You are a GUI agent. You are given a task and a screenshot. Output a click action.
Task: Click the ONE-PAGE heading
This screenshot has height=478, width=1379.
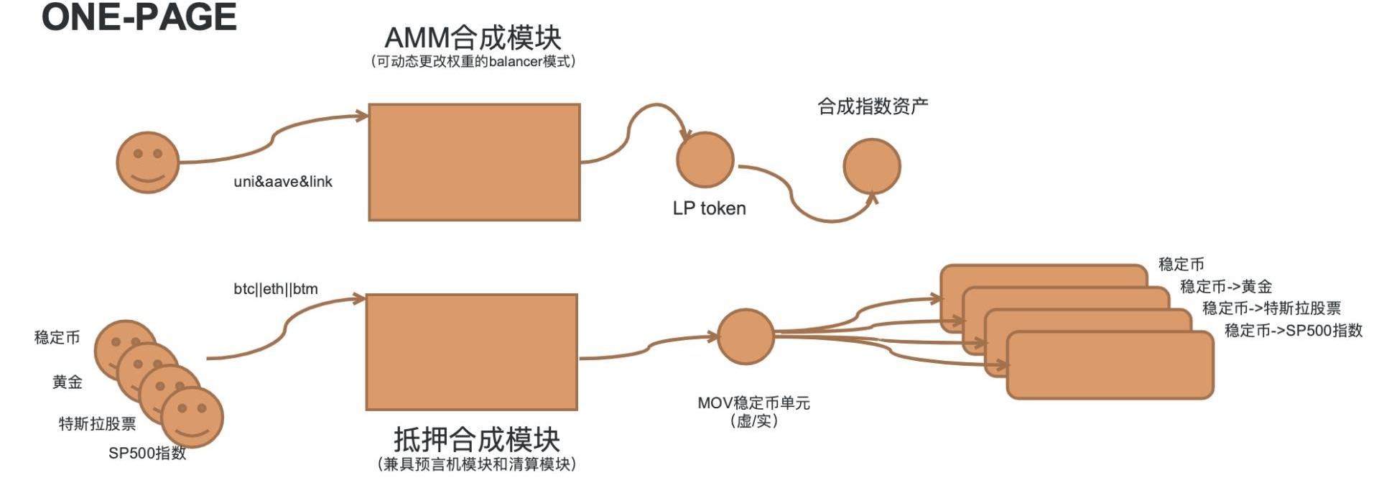[x=139, y=17]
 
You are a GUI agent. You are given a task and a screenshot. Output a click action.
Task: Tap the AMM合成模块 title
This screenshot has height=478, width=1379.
[x=473, y=37]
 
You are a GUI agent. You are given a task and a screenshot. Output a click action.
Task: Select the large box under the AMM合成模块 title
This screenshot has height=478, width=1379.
[x=474, y=162]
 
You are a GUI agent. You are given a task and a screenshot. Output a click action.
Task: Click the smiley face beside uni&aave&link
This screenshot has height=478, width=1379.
[x=148, y=162]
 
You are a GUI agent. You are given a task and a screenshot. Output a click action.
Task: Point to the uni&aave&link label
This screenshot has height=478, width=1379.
[x=283, y=182]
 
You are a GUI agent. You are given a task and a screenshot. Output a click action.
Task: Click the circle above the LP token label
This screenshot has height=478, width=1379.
[x=705, y=160]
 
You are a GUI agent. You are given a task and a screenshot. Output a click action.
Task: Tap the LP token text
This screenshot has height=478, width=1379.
[x=709, y=208]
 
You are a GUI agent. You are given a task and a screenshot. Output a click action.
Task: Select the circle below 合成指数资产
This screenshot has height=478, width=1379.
[x=871, y=167]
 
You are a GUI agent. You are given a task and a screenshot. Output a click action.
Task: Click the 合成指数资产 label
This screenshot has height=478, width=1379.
[x=873, y=106]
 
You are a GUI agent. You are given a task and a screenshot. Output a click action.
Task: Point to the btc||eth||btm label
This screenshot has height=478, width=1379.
[x=276, y=289]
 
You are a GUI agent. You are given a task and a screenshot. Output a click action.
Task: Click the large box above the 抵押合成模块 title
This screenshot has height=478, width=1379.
[x=472, y=352]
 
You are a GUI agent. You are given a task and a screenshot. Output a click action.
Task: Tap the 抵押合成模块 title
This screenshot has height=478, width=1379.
[x=476, y=438]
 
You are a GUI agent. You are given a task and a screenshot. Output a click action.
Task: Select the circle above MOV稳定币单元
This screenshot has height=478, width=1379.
[x=746, y=336]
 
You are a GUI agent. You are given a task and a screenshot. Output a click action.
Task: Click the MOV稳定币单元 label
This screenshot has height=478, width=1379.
[x=753, y=403]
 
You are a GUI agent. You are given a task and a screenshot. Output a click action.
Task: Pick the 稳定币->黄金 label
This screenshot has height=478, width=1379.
[x=1225, y=287]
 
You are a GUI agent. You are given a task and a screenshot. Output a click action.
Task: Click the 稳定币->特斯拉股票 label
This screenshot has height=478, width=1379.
[x=1271, y=308]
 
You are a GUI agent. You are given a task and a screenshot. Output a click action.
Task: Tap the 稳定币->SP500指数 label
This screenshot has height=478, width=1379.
[x=1293, y=331]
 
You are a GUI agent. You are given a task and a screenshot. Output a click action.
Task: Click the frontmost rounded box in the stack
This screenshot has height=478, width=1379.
[x=1110, y=365]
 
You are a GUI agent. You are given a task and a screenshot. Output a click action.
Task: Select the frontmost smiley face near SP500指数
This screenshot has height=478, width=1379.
[x=192, y=417]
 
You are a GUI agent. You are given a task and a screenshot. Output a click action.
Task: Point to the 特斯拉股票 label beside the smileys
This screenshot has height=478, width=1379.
[x=97, y=424]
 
